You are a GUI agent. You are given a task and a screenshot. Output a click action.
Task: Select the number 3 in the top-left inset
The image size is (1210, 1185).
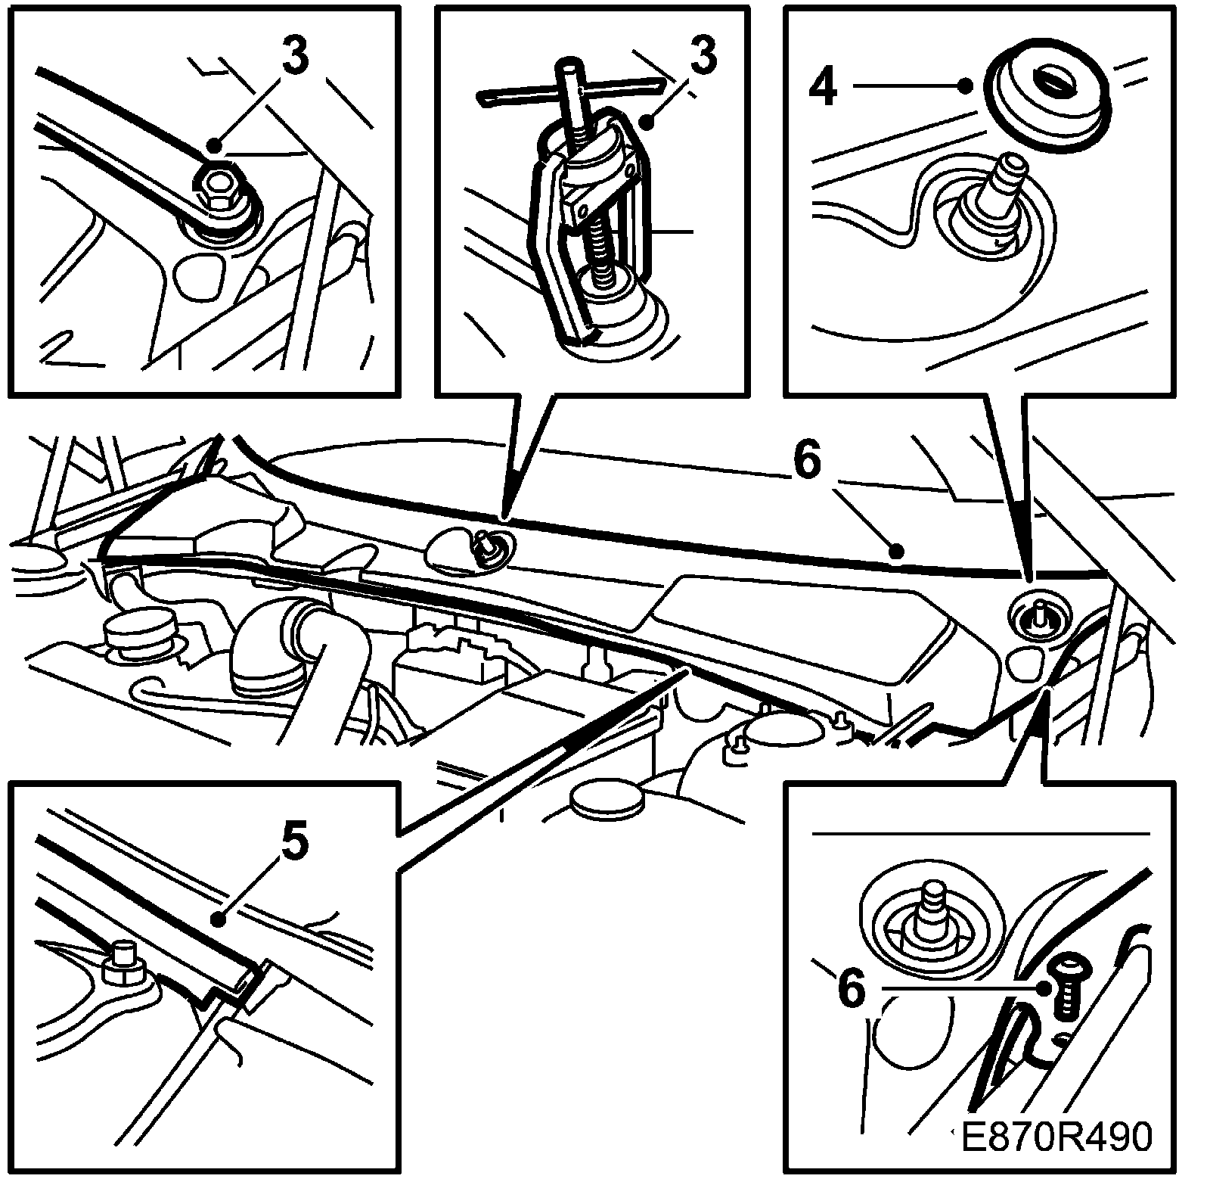click(296, 57)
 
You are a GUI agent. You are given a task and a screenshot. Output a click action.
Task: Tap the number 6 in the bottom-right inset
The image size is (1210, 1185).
click(852, 988)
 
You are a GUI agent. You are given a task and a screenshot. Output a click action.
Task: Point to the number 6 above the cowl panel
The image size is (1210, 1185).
click(807, 462)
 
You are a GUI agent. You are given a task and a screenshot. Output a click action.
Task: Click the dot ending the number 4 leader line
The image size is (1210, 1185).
click(965, 85)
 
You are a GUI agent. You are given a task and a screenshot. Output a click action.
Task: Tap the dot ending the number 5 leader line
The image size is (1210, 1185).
click(219, 920)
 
